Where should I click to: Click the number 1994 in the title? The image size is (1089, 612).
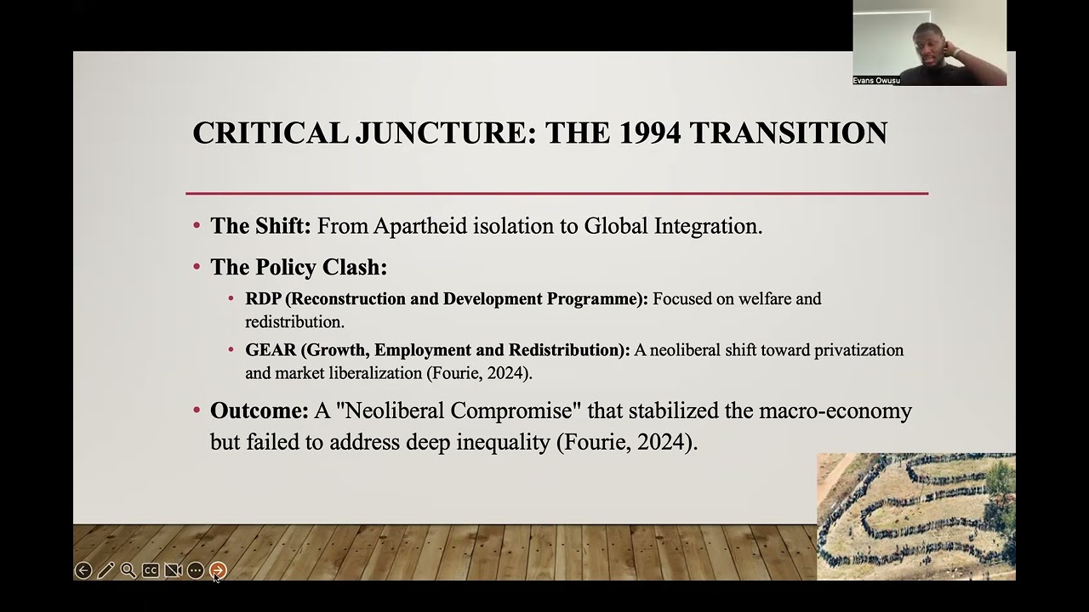click(x=650, y=133)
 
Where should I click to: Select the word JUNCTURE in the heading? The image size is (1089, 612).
click(x=446, y=133)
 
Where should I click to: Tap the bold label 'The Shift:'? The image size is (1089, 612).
click(x=260, y=226)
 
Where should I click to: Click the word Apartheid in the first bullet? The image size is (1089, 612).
click(x=420, y=226)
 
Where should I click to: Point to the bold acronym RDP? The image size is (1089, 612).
click(x=263, y=298)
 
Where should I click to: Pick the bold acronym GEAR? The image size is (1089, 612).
click(x=271, y=349)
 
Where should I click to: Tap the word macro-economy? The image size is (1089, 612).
click(x=835, y=411)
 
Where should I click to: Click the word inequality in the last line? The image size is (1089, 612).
click(x=503, y=442)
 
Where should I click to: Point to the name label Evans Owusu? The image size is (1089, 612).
click(x=876, y=81)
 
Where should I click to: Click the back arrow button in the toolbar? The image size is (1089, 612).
click(x=83, y=570)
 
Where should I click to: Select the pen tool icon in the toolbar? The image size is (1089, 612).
click(x=105, y=570)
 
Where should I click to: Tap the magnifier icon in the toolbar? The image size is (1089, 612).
click(x=128, y=570)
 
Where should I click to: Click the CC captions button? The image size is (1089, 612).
click(x=151, y=570)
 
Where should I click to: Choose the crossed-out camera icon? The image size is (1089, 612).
click(x=173, y=570)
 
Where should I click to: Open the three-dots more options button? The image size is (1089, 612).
click(x=196, y=570)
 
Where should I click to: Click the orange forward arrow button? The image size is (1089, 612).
click(x=218, y=570)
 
